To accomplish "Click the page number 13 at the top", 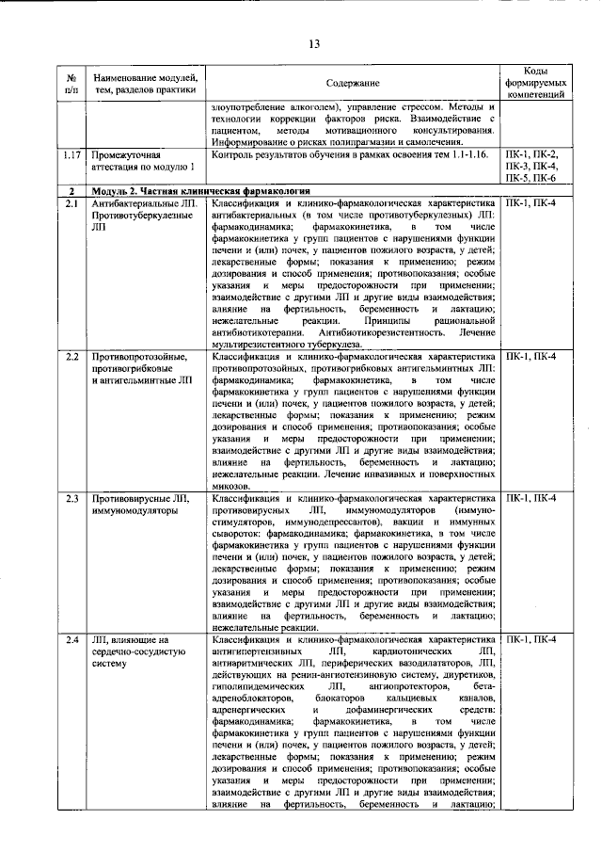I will [x=313, y=42].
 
